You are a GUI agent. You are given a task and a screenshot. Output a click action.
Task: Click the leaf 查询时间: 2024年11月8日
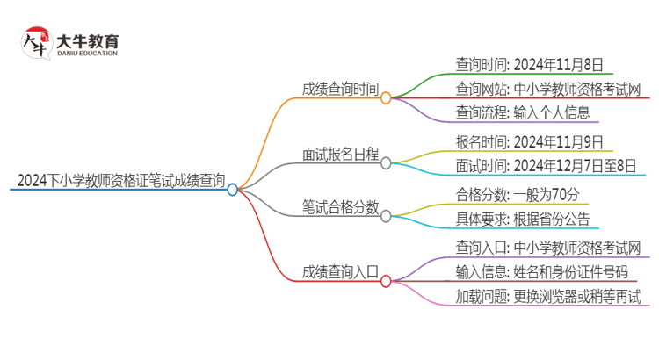[x=529, y=64]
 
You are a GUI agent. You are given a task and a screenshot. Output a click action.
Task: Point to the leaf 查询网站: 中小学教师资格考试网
[x=548, y=89]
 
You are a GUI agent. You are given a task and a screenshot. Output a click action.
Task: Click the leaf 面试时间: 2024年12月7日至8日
[x=547, y=166]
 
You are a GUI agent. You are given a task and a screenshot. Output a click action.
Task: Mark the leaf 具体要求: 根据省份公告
[x=522, y=220]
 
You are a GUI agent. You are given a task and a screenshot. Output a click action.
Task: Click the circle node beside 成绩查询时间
[x=386, y=98]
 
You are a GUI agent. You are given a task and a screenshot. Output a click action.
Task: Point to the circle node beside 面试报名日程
[x=386, y=162]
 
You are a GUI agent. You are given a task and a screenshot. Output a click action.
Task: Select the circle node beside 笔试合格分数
[x=386, y=216]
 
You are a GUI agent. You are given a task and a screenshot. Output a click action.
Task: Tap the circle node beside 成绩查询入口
[x=386, y=281]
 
